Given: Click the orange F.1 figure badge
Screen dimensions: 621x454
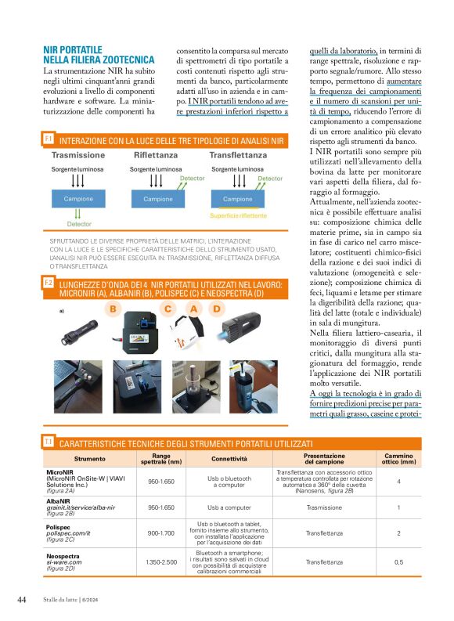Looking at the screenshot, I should (x=49, y=139).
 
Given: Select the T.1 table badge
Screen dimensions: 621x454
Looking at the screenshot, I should (x=49, y=442).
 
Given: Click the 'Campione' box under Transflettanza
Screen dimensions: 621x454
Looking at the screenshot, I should (x=238, y=199).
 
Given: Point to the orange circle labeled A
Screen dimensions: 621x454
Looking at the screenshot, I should (x=193, y=309).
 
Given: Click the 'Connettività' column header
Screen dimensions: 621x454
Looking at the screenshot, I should (x=229, y=458).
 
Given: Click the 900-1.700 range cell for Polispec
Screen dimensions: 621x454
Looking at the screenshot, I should (x=160, y=533).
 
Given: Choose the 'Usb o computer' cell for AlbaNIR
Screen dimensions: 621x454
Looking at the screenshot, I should (x=229, y=507).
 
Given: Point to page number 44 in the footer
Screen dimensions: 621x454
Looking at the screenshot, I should (x=23, y=600).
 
